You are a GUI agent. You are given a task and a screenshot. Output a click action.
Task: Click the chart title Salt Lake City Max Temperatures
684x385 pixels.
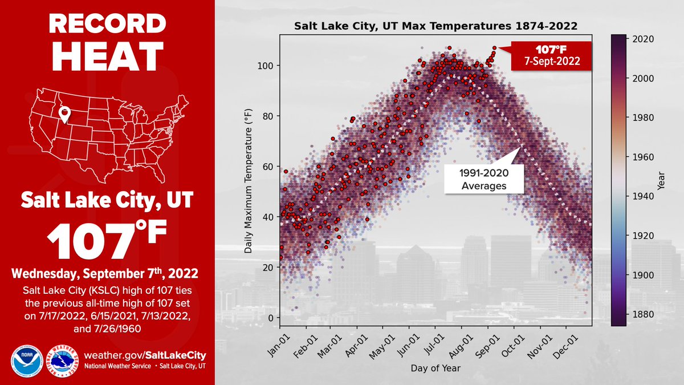click(435, 26)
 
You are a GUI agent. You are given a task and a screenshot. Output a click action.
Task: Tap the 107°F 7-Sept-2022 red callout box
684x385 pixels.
click(551, 56)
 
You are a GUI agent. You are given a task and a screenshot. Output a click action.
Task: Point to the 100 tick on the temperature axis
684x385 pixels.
click(267, 66)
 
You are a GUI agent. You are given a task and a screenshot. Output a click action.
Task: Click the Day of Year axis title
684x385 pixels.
click(435, 368)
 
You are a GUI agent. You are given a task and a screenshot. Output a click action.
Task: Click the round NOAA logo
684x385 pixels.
click(25, 359)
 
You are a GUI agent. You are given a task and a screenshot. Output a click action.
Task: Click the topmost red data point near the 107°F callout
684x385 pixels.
click(494, 48)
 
